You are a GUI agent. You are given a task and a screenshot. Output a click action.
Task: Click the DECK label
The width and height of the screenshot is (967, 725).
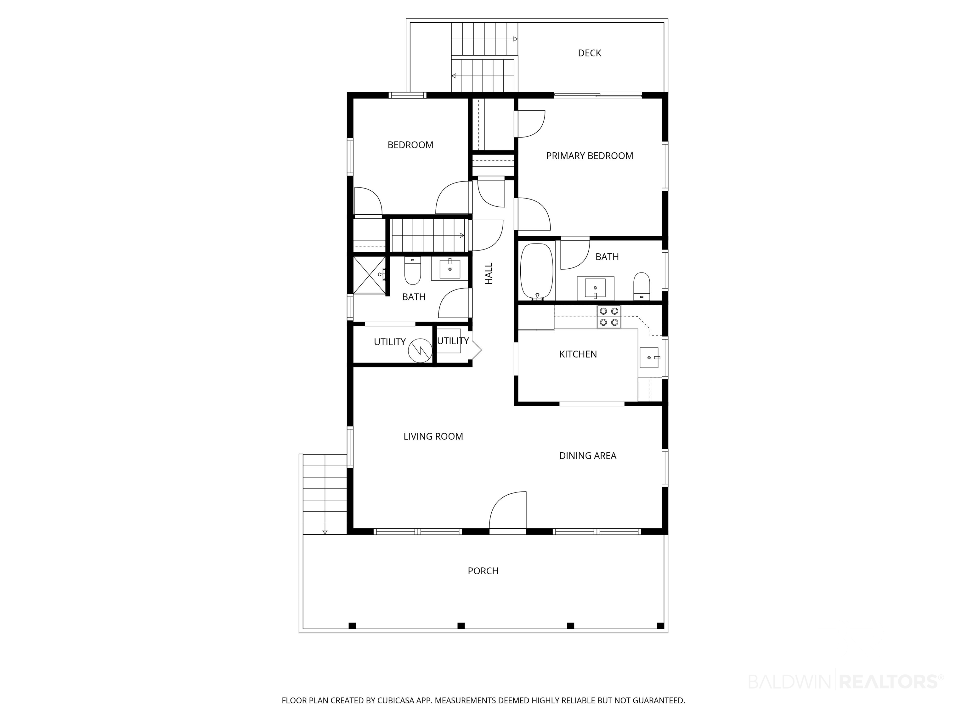tap(589, 53)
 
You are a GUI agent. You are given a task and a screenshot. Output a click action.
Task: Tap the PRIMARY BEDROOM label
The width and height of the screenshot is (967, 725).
tap(589, 155)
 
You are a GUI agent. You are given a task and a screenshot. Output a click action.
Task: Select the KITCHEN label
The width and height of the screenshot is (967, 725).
tap(578, 354)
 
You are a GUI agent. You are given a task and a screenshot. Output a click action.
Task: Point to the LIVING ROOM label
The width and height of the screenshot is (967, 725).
tap(433, 436)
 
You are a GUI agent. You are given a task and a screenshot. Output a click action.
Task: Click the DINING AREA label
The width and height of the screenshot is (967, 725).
tap(588, 455)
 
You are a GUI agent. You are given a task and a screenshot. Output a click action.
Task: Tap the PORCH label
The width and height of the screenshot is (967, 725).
tap(483, 571)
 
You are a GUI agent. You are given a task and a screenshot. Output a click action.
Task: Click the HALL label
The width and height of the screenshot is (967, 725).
tap(489, 273)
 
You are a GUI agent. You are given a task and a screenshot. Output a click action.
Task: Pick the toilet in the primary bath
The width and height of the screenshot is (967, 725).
tap(641, 286)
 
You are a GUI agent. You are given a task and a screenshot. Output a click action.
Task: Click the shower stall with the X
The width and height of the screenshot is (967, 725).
tap(370, 275)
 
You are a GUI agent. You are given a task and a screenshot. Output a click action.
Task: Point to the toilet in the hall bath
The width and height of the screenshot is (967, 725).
tap(412, 271)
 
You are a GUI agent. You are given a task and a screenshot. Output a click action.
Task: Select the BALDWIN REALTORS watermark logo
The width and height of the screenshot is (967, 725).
tap(846, 681)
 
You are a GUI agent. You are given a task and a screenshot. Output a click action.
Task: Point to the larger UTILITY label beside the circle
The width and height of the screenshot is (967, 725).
tap(389, 342)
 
